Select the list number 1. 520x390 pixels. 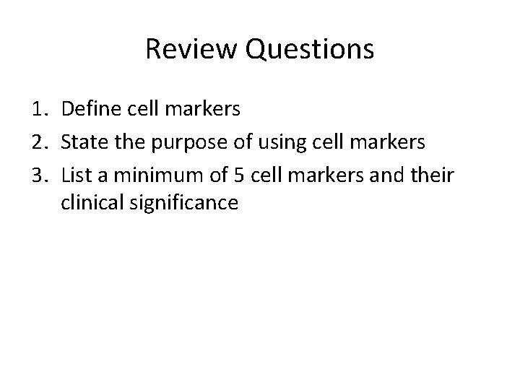coord(40,110)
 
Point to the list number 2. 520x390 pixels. coord(40,142)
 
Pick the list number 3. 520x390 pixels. coord(40,173)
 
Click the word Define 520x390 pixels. coord(90,110)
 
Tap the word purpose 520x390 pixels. coord(183,143)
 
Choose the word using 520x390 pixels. coord(277,143)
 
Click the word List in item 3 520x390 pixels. coord(75,173)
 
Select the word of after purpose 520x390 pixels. coord(233,142)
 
